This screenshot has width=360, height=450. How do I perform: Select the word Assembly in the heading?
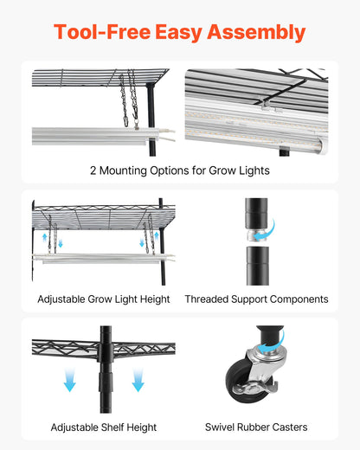pos(261,33)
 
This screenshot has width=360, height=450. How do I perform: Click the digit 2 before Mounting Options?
pos(93,170)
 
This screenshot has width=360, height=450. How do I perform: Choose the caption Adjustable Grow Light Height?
pos(104,299)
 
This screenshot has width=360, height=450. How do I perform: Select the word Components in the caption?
pos(298,299)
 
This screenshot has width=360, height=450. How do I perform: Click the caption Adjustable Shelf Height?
pos(104,427)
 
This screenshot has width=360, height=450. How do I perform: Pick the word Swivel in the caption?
pos(222,427)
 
